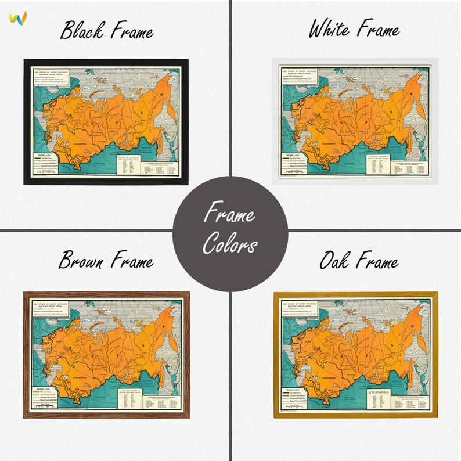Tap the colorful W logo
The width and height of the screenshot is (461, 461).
(x=18, y=17)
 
